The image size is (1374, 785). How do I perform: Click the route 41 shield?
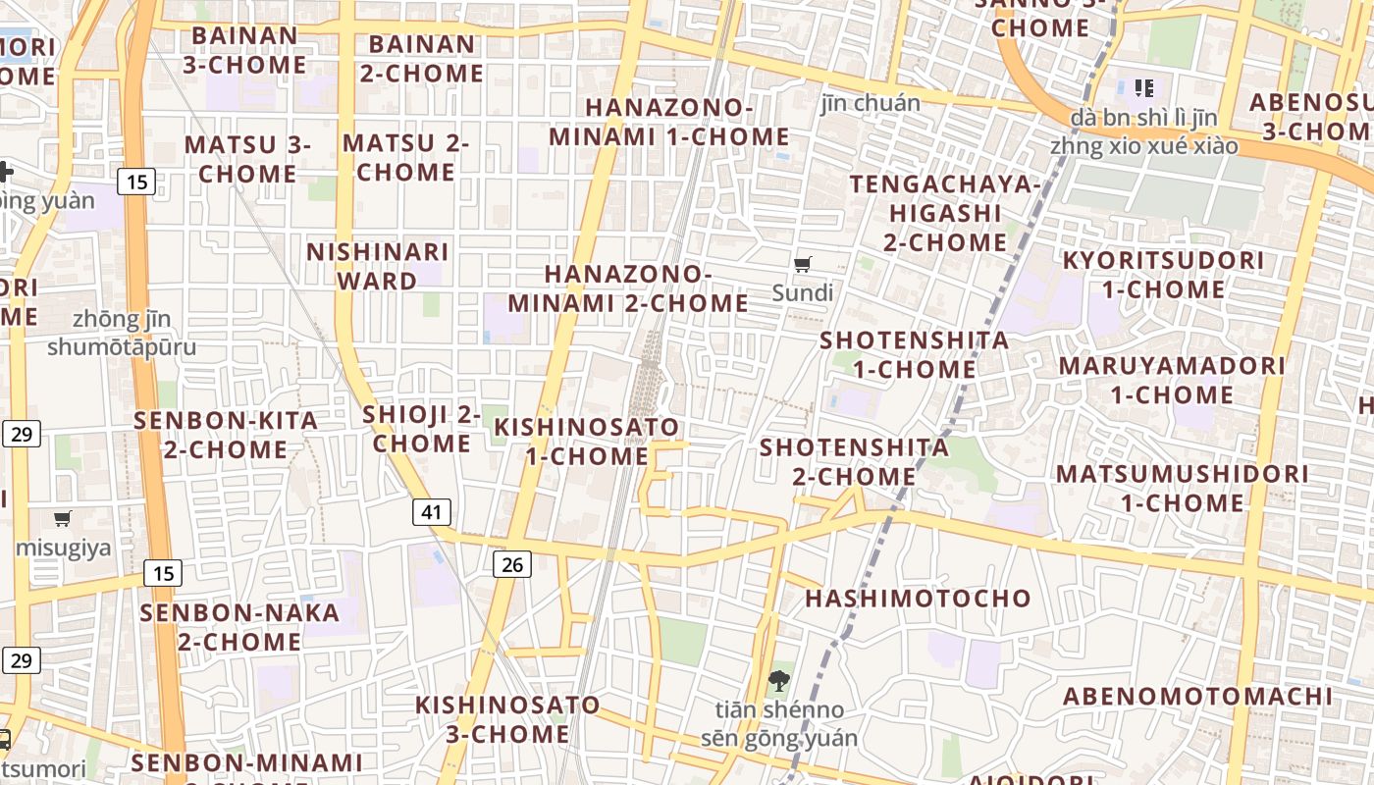pyautogui.click(x=432, y=511)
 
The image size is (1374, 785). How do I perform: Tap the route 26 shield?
pyautogui.click(x=511, y=563)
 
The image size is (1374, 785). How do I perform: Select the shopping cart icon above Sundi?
pyautogui.click(x=802, y=263)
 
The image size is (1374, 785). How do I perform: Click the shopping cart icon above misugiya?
pyautogui.click(x=63, y=518)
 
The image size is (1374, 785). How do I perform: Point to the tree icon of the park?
pyautogui.click(x=779, y=679)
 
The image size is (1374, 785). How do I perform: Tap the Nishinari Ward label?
pyautogui.click(x=378, y=266)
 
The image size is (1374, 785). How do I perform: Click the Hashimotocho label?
pyautogui.click(x=919, y=598)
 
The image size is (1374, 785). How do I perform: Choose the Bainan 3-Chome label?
pyautogui.click(x=244, y=50)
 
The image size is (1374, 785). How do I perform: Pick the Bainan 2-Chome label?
pyautogui.click(x=422, y=58)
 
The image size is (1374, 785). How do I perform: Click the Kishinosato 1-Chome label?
pyautogui.click(x=587, y=442)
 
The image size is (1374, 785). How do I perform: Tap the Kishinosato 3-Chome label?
pyautogui.click(x=507, y=719)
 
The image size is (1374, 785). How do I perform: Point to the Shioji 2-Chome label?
pyautogui.click(x=422, y=429)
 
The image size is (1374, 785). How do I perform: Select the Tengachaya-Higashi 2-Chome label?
pyautogui.click(x=945, y=213)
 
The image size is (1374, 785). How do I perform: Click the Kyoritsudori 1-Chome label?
pyautogui.click(x=1164, y=275)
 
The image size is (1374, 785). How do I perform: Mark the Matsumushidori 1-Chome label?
pyautogui.click(x=1182, y=488)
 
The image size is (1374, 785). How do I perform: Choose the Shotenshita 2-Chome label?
pyautogui.click(x=855, y=462)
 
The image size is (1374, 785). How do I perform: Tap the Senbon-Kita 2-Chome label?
pyautogui.click(x=226, y=435)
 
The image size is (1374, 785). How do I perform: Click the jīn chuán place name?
pyautogui.click(x=871, y=103)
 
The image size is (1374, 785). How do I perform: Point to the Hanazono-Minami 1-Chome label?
pyautogui.click(x=669, y=122)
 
